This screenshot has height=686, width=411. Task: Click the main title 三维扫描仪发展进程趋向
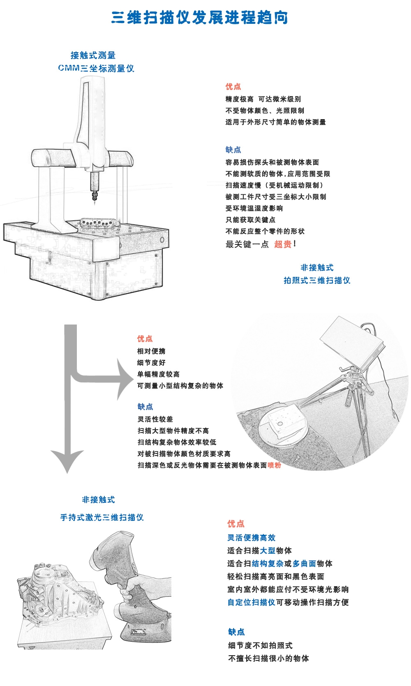(x=200, y=18)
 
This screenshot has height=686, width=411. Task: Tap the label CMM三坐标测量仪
(x=96, y=68)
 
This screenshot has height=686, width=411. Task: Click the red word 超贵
(x=283, y=244)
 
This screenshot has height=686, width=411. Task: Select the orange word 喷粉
(x=274, y=465)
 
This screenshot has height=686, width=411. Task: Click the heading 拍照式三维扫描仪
(x=316, y=280)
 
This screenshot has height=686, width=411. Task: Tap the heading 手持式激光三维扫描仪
(x=102, y=518)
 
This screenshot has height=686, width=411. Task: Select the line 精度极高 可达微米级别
(x=263, y=99)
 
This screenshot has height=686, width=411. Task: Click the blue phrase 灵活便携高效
(x=251, y=538)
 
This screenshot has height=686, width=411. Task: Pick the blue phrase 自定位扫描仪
(x=251, y=602)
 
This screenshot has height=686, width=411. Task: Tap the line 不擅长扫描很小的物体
(x=268, y=658)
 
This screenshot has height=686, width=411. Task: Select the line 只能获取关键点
(x=250, y=220)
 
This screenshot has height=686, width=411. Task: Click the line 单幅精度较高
(x=158, y=374)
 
